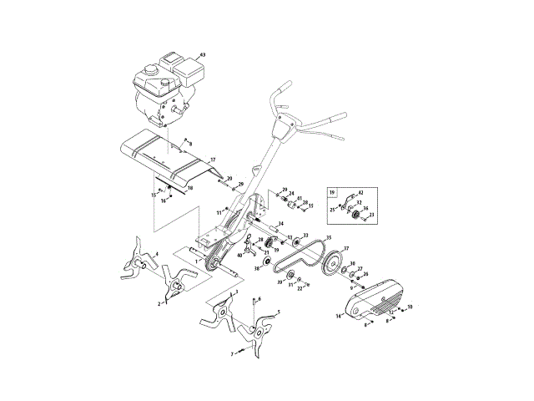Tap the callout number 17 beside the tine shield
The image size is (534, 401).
(212, 160)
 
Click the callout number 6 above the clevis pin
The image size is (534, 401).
(259, 298)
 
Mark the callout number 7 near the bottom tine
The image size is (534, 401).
(232, 354)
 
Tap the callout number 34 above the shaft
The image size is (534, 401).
(281, 224)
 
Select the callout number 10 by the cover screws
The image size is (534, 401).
(410, 307)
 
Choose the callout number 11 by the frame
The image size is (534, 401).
(219, 214)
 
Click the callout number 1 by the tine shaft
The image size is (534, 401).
(197, 261)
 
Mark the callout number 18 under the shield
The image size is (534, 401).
(189, 189)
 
